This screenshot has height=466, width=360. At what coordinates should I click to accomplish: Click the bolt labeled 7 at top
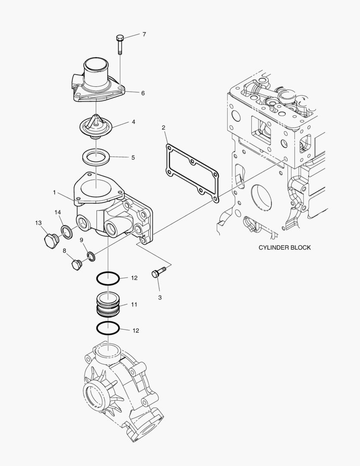click(119, 44)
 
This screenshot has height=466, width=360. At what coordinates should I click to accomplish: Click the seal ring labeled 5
click(96, 157)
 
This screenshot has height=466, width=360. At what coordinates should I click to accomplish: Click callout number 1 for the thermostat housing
click(54, 192)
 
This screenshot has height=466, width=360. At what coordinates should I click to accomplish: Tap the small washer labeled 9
click(91, 257)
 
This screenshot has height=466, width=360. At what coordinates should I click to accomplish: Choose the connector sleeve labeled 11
click(108, 305)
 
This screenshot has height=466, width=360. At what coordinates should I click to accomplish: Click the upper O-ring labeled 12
click(108, 279)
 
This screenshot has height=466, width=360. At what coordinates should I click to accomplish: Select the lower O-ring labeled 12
click(108, 328)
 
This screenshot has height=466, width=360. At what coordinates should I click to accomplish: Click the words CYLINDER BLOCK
click(284, 248)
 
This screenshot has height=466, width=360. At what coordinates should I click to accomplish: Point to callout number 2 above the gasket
click(163, 127)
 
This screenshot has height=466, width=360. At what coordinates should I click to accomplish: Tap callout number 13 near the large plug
click(38, 223)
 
